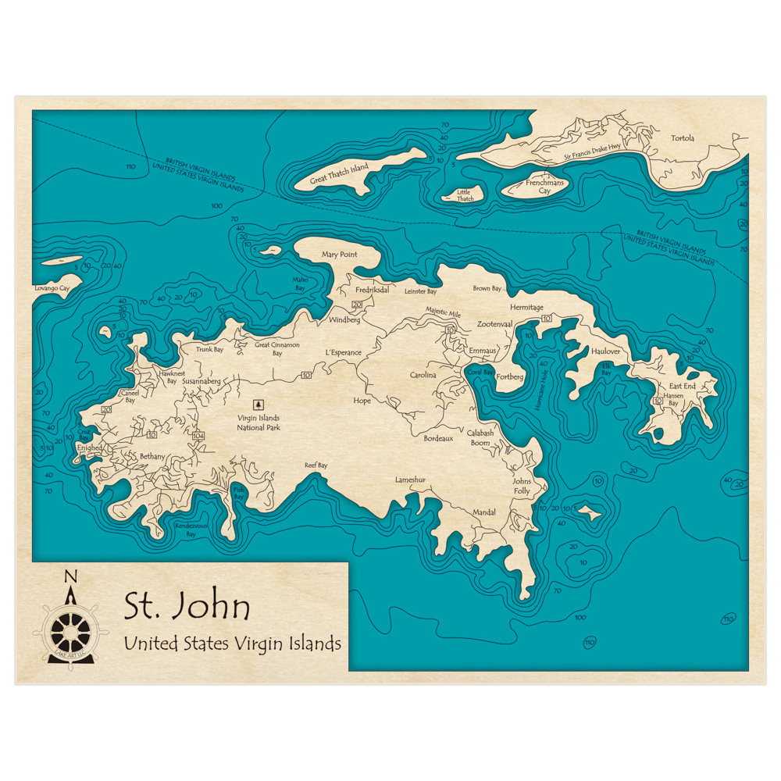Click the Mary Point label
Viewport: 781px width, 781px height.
click(x=340, y=255)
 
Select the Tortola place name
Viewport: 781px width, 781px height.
click(x=682, y=139)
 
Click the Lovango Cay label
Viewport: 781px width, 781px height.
click(x=52, y=288)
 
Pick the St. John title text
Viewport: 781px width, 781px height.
click(x=187, y=607)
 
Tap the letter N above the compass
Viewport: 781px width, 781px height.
click(x=70, y=577)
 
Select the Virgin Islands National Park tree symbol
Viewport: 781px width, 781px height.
click(x=259, y=405)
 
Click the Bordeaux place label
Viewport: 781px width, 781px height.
click(x=438, y=438)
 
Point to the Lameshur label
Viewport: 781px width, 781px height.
click(x=411, y=480)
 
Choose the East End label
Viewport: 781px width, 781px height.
click(x=682, y=386)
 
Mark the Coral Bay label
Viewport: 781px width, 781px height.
click(x=481, y=373)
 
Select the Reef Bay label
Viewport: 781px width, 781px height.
click(x=316, y=465)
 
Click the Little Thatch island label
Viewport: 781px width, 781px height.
click(x=465, y=195)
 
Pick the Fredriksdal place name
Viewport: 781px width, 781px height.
click(x=372, y=289)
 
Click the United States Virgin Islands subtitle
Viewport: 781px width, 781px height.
click(x=232, y=644)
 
